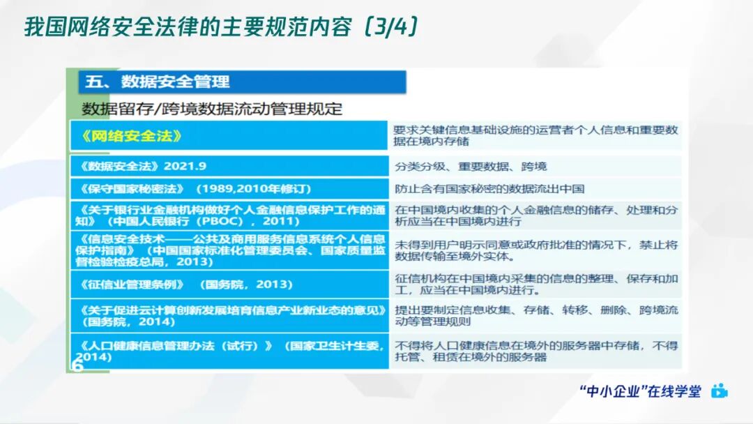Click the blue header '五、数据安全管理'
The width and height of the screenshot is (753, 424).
click(157, 82)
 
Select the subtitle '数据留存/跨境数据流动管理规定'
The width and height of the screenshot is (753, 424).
click(212, 108)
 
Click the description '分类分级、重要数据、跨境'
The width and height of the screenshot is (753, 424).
click(471, 166)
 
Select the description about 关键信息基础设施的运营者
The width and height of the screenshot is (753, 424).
click(535, 135)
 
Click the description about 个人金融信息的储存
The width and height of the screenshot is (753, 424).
click(535, 215)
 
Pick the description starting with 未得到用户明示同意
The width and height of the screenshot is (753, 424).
click(535, 250)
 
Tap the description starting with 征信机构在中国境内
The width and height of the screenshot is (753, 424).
click(535, 285)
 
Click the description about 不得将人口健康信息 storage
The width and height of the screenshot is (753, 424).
click(535, 351)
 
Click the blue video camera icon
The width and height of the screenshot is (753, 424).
click(720, 391)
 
